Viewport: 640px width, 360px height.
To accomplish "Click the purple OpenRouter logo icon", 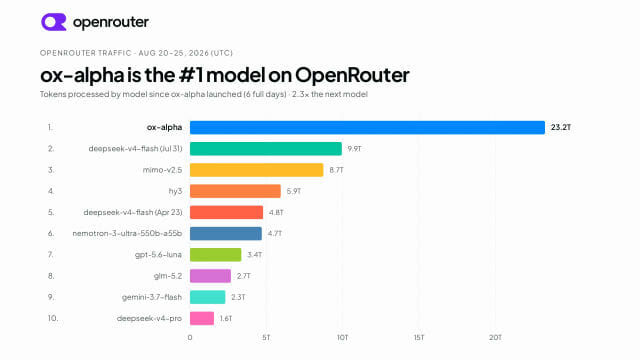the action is (53, 22).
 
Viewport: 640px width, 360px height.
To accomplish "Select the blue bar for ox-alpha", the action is (367, 127).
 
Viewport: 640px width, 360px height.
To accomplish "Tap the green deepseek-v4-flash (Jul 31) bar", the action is (266, 149).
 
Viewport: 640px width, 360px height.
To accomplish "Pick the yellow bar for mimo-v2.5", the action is (257, 170).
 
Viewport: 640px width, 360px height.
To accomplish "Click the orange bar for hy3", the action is (236, 191).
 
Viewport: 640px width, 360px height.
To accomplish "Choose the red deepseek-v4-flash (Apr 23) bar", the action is (227, 212).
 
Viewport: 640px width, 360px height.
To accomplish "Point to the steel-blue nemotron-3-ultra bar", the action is (226, 233).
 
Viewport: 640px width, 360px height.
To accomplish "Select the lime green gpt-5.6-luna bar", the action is (216, 255).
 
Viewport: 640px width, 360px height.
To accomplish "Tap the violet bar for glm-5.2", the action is (210, 276).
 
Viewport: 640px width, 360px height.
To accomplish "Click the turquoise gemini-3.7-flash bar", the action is (207, 297).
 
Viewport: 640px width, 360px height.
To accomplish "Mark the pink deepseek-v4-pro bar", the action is (202, 318).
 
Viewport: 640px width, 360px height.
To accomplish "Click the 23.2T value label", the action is (561, 127).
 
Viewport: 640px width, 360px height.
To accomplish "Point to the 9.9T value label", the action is (354, 149).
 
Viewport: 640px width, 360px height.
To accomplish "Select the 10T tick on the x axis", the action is (342, 338).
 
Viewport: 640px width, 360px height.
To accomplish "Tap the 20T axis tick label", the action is (495, 338).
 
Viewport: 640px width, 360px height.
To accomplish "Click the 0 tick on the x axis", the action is (190, 338).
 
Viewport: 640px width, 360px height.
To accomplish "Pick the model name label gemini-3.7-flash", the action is (152, 297).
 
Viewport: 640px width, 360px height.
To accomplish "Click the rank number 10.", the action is (53, 318).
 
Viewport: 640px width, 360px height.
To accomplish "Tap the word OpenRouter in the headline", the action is (352, 75).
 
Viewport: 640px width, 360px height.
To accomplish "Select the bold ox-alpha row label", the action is (164, 127).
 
